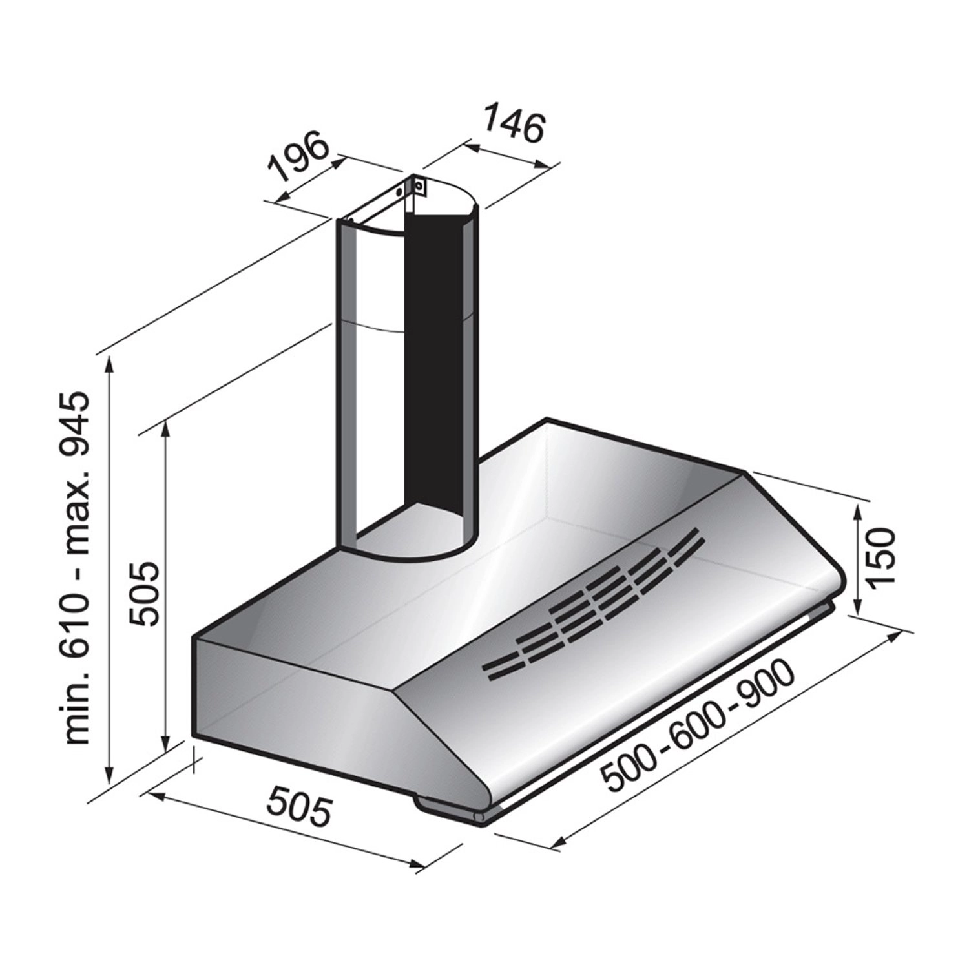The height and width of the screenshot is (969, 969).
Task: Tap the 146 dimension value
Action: click(x=514, y=126)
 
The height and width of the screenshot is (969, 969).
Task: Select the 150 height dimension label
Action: click(x=880, y=557)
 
